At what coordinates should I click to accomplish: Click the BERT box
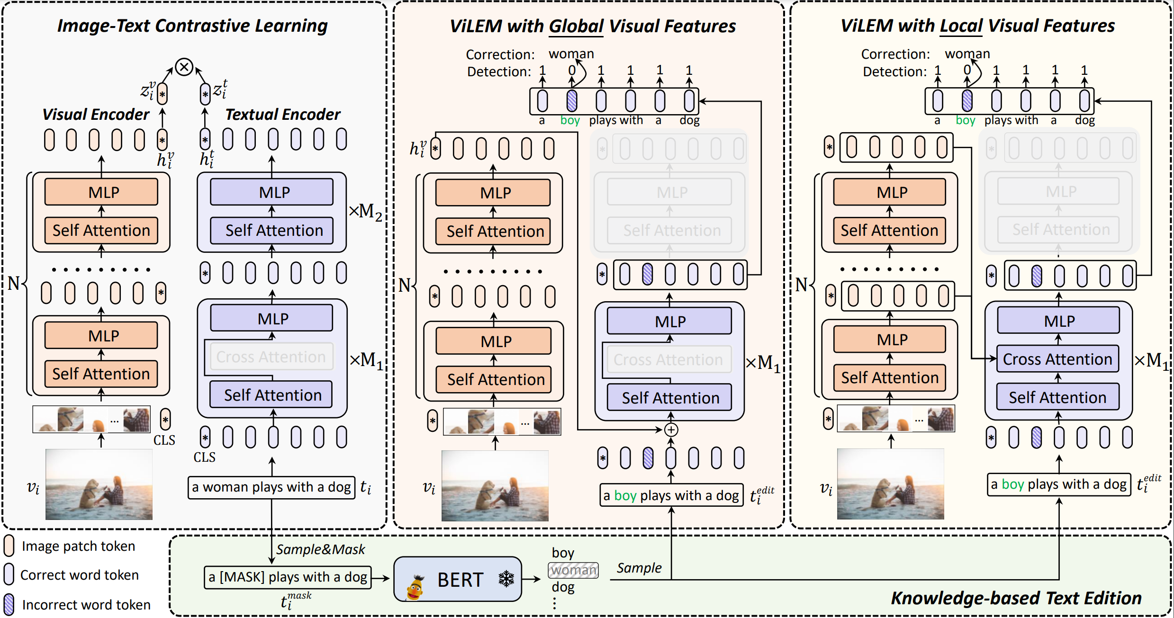coord(458,579)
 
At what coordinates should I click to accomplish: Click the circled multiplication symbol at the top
coord(184,67)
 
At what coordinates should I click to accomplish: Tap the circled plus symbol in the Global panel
coord(671,430)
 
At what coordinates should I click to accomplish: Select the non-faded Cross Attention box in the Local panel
coord(1057,359)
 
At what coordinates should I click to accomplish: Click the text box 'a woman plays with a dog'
coord(271,487)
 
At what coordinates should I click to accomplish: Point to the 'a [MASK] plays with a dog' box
coord(288,577)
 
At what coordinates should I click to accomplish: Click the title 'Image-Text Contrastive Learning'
coord(192,26)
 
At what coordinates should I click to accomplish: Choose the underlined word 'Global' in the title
coord(576,27)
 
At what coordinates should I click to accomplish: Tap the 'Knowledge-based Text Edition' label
coord(1016,598)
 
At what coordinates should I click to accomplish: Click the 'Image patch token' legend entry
coord(78,546)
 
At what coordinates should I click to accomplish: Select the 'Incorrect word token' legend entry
coord(86,605)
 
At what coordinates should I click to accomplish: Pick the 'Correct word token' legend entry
coord(79,575)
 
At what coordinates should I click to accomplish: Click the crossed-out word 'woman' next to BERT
coord(573,570)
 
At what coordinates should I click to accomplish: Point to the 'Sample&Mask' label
coord(320,549)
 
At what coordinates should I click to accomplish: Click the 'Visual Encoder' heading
coord(96,115)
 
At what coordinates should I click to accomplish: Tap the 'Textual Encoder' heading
coord(282,115)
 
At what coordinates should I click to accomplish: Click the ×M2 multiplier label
coord(365,211)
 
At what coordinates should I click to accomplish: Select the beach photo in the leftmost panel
coord(99,484)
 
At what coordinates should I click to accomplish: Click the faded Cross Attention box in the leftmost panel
coord(271,357)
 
